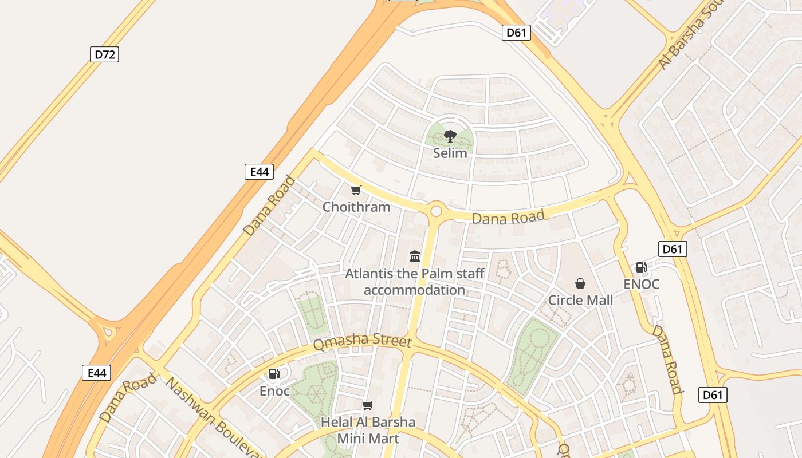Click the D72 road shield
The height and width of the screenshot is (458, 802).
point(104,54)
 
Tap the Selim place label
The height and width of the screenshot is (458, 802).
point(450,153)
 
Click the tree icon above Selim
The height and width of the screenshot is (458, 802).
point(450,136)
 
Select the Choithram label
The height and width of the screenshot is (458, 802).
point(356,207)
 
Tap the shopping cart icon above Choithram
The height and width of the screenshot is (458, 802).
point(356,190)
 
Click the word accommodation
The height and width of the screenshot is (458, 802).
point(414,290)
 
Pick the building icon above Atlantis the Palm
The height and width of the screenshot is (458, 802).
point(415,256)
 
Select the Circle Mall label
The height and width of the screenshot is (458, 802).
point(580,300)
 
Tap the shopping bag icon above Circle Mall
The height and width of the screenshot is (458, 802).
point(580,283)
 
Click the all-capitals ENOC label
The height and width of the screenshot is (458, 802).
point(641,284)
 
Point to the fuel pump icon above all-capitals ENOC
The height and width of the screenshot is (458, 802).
point(641,267)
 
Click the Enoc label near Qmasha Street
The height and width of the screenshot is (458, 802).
point(274,391)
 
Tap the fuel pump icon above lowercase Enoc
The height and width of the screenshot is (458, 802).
point(274,374)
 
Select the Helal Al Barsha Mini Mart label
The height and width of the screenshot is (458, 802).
point(368,431)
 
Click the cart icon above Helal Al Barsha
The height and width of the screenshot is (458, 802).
point(367,406)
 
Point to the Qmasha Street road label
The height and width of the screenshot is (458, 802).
point(362,342)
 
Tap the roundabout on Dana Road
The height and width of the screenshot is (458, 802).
point(436,211)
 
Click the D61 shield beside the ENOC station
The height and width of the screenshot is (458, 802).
point(673,249)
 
